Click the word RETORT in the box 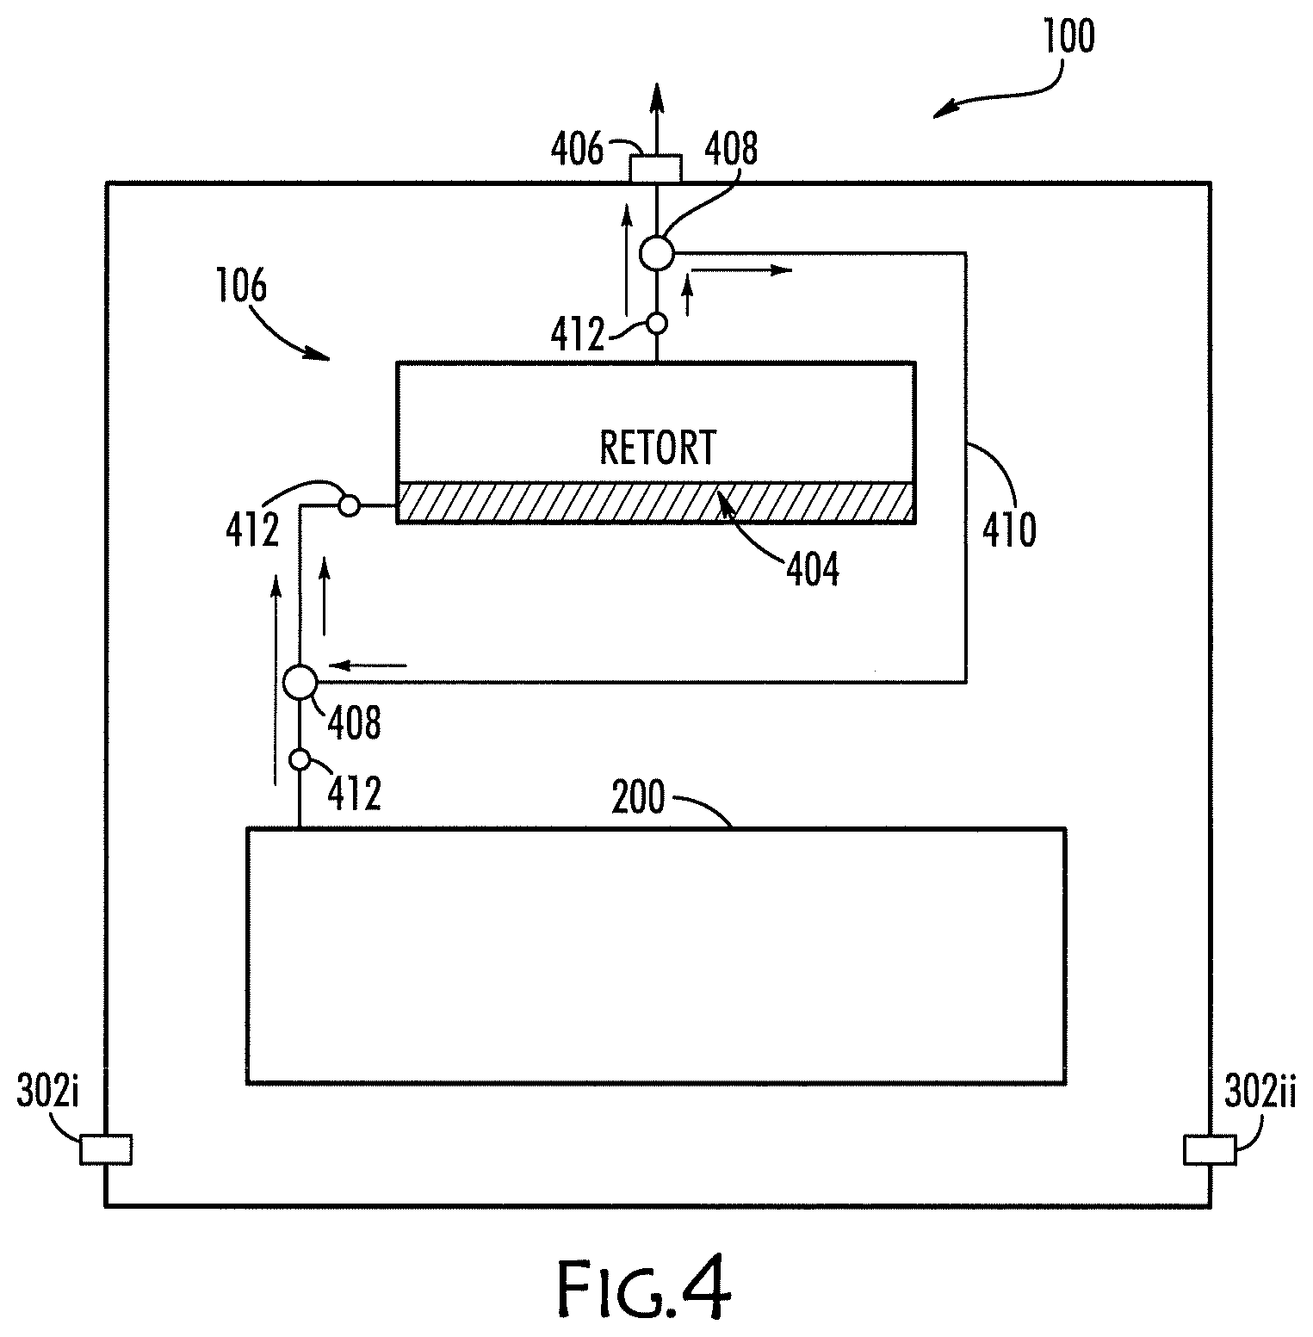658,448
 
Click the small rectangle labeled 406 655,169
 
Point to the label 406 578,151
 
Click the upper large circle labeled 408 657,252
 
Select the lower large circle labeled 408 300,682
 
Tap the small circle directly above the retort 656,324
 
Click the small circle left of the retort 349,505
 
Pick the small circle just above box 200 300,759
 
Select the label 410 1009,529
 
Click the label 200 639,798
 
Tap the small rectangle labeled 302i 106,1149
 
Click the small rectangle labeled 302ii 1210,1149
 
